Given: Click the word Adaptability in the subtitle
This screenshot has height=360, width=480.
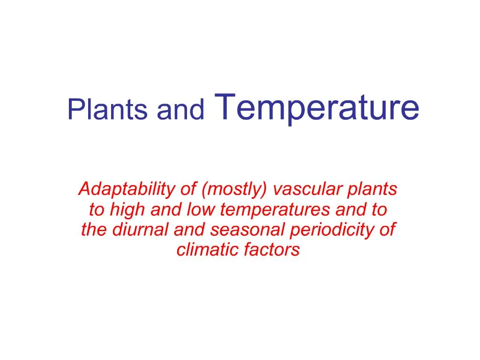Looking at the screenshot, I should [126, 190].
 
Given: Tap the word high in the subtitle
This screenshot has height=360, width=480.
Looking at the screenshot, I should [126, 210].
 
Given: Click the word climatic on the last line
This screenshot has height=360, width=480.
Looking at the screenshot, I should [207, 250].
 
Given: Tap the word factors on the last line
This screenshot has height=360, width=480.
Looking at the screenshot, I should [271, 250].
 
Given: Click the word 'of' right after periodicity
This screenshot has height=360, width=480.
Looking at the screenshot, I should [387, 230].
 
